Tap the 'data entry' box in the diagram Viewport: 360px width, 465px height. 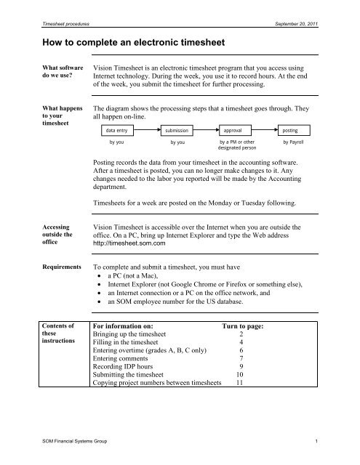click(x=115, y=130)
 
